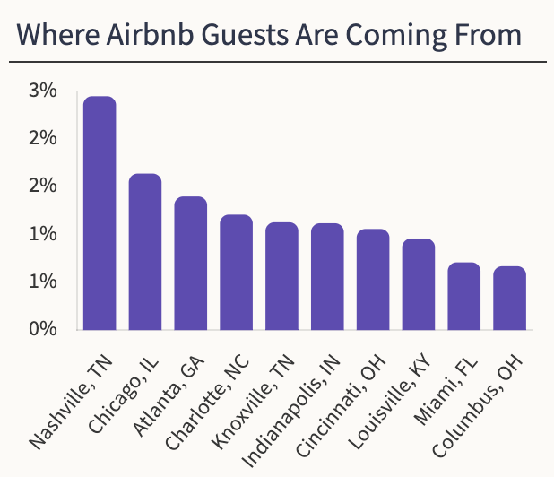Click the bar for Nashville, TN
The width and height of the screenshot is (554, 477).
pyautogui.click(x=100, y=213)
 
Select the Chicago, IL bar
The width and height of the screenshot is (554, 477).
pyautogui.click(x=145, y=252)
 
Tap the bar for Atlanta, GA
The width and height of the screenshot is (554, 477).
pyautogui.click(x=191, y=264)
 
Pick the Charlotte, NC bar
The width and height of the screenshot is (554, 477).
pyautogui.click(x=237, y=273)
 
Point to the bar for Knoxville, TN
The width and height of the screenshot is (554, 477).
pyautogui.click(x=282, y=276)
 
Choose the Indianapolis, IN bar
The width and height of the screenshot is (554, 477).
pyautogui.click(x=327, y=277)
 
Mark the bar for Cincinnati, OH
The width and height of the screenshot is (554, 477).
pyautogui.click(x=373, y=280)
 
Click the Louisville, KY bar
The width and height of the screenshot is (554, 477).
pyautogui.click(x=419, y=284)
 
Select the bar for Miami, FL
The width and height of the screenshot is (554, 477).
pyautogui.click(x=464, y=296)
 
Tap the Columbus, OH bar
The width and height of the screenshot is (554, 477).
pyautogui.click(x=510, y=299)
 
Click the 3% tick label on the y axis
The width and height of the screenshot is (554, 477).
pyautogui.click(x=43, y=91)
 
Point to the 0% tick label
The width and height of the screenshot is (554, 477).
pyautogui.click(x=43, y=329)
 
